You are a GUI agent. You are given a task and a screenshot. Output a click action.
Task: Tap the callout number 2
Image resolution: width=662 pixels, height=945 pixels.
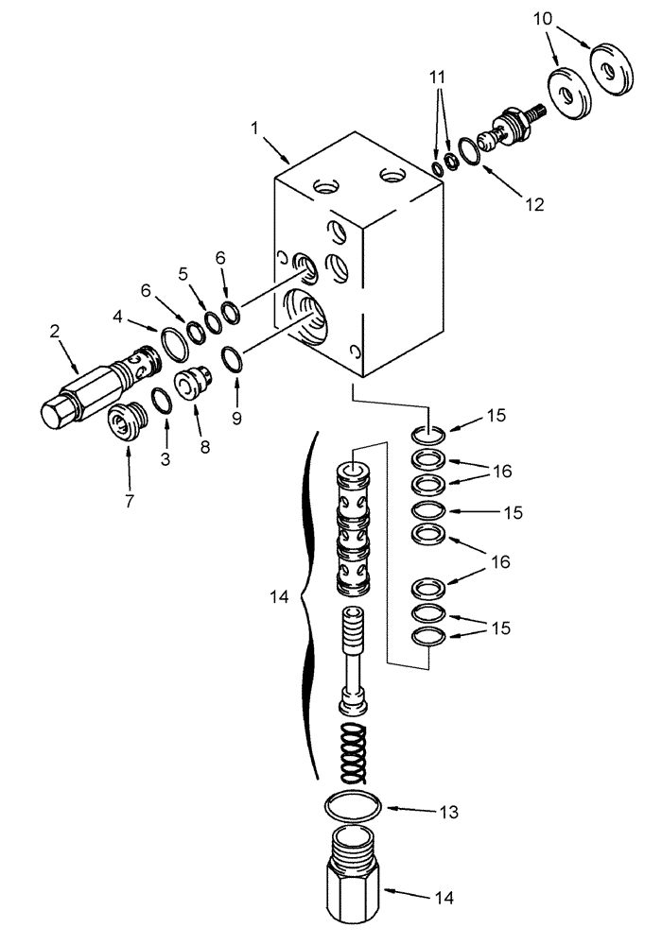click(x=55, y=332)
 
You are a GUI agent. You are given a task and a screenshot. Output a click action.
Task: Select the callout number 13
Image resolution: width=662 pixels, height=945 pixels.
click(x=423, y=811)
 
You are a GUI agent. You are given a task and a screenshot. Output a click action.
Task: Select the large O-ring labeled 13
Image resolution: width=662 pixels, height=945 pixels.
click(x=354, y=804)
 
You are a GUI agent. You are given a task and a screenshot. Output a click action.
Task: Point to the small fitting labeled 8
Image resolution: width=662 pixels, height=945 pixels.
click(x=193, y=383)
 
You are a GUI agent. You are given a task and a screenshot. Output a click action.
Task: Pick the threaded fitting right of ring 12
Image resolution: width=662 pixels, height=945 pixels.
click(x=511, y=126)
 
